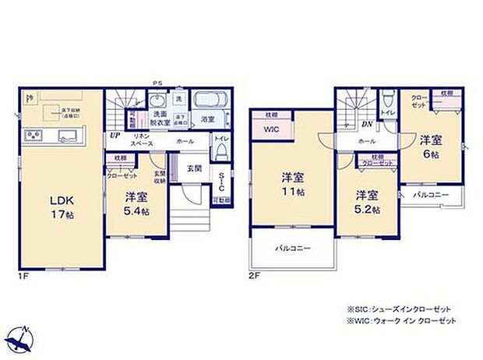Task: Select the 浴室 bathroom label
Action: pos(206,119)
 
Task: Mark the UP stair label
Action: pos(115,134)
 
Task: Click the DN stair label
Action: pos(366,123)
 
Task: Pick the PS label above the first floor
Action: pos(157,83)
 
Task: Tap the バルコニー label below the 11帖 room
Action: pos(292,249)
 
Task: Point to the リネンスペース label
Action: pos(141,141)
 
